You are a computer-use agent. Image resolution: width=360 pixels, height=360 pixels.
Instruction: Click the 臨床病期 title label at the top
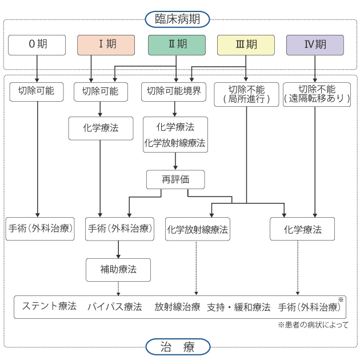pyautogui.click(x=178, y=18)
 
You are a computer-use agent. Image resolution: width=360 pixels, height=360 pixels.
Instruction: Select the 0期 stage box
pyautogui.click(x=36, y=45)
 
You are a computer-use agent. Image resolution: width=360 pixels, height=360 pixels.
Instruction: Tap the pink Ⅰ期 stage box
pyautogui.click(x=106, y=45)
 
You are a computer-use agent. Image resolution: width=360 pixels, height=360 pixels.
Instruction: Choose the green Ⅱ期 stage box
pyautogui.click(x=176, y=45)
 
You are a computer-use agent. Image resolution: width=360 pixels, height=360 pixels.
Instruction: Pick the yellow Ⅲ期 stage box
pyautogui.click(x=246, y=45)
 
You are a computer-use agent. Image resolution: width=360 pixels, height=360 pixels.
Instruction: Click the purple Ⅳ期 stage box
pyautogui.click(x=315, y=45)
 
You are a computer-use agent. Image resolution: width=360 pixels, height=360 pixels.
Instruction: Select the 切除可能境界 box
pyautogui.click(x=174, y=91)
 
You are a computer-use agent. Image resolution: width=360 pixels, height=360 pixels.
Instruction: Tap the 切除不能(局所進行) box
pyautogui.click(x=246, y=94)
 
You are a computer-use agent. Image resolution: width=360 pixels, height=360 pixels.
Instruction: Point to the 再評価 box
pyautogui.click(x=175, y=179)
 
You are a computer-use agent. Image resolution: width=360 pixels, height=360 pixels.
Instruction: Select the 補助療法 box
pyautogui.click(x=118, y=269)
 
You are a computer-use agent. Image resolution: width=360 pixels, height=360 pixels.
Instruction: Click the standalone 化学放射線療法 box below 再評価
pyautogui.click(x=197, y=230)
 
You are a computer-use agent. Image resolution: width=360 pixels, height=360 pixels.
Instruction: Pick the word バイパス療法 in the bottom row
pyautogui.click(x=114, y=306)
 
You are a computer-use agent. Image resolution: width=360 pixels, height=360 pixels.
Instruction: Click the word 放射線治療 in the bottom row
pyautogui.click(x=177, y=306)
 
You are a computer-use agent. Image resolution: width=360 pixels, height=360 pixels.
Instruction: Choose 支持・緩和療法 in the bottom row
pyautogui.click(x=238, y=306)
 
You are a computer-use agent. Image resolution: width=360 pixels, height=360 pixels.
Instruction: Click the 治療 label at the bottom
pyautogui.click(x=178, y=346)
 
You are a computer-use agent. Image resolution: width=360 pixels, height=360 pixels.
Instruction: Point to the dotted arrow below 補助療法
pyautogui.click(x=118, y=288)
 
